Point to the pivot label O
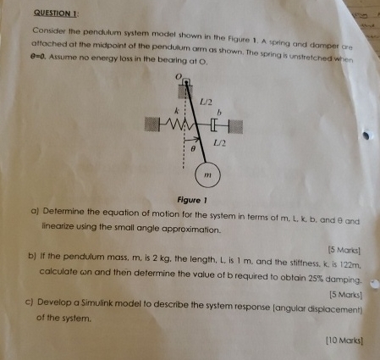[178, 75]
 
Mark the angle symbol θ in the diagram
[192, 148]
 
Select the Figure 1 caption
[194, 201]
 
